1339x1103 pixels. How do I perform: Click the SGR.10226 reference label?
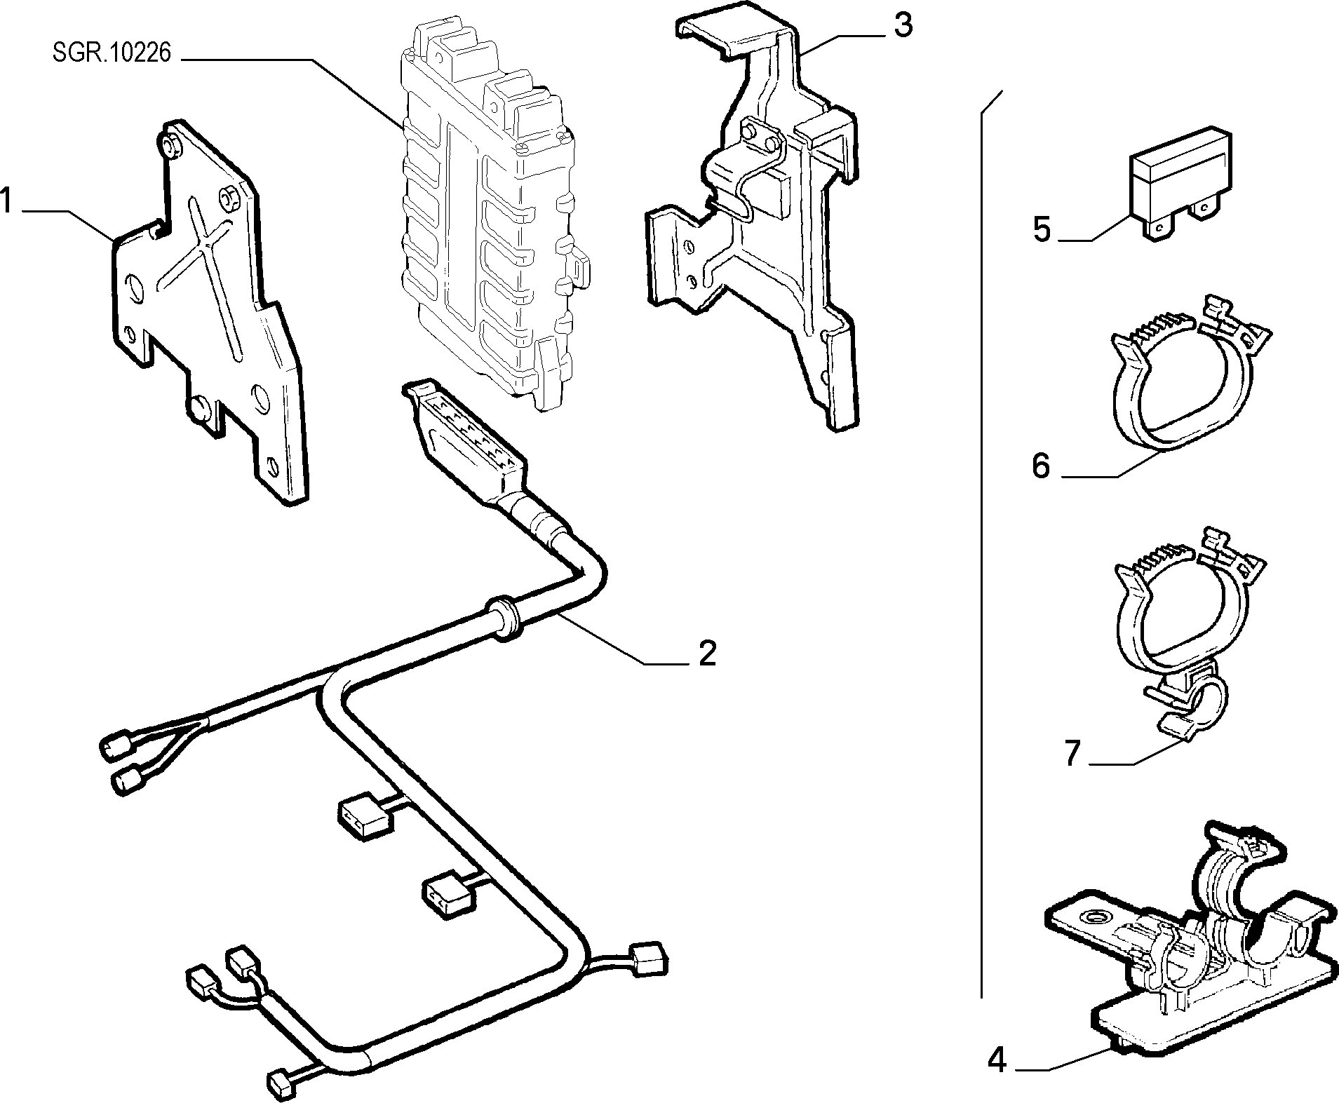click(112, 54)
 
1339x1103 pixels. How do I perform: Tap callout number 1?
click(7, 201)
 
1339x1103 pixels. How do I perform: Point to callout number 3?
click(902, 27)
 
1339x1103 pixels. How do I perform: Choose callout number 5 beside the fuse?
click(1042, 229)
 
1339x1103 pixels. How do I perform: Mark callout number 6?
click(1041, 465)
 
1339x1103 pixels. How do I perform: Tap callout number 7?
click(1071, 754)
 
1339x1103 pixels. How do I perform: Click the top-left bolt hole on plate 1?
click(169, 146)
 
